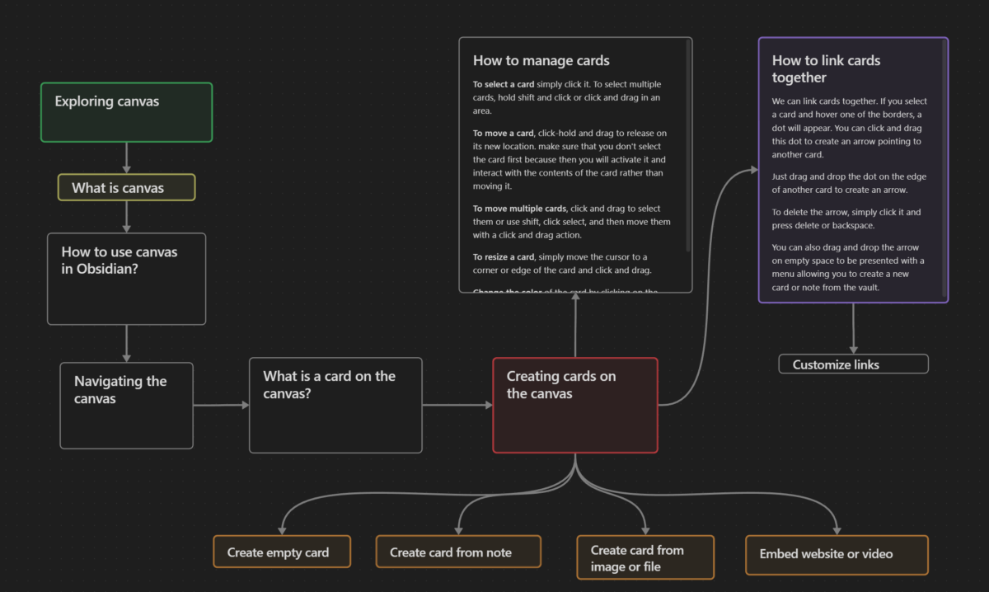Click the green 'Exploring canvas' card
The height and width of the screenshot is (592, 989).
point(126,112)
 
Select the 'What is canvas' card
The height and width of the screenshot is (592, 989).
point(126,188)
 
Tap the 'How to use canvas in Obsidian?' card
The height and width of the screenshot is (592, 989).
point(126,279)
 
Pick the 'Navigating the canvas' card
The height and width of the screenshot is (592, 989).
point(126,406)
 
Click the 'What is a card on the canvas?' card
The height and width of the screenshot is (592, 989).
point(335,405)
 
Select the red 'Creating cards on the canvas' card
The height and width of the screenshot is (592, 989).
point(574,405)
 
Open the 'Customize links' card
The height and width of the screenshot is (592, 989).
point(853,364)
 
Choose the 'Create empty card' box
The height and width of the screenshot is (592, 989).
point(282,552)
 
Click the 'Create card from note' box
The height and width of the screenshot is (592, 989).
point(458,552)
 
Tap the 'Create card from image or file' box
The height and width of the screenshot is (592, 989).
point(644,557)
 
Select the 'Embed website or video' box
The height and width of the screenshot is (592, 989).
point(837,555)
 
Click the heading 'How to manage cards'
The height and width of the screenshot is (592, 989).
point(541,60)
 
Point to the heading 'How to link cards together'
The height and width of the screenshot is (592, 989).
point(826,69)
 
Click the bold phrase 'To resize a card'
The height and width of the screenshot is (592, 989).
point(504,257)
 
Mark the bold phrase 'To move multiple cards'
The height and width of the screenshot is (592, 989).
point(519,209)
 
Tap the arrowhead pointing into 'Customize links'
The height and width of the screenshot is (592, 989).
point(853,349)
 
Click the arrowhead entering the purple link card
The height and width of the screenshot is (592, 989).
point(752,171)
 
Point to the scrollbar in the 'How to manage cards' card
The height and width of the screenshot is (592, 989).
point(688,148)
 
